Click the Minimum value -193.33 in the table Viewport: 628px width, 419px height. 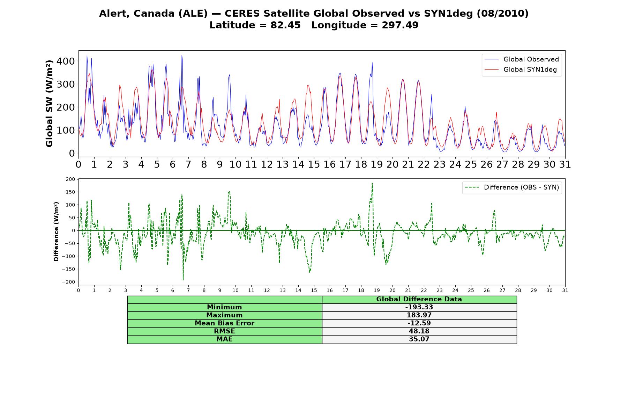(419, 307)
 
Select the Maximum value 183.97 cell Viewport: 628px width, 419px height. (419, 315)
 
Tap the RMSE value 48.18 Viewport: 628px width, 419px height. (419, 331)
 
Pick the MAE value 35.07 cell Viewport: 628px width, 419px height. (419, 339)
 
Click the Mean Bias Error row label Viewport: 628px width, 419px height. (224, 323)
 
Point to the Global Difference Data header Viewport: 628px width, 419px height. (419, 299)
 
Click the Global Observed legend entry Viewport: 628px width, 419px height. (522, 59)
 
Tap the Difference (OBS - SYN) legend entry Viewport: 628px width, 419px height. (512, 188)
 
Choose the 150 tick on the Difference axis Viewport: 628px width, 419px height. (70, 192)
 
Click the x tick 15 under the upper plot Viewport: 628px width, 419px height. (314, 164)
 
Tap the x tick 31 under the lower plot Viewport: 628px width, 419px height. (565, 290)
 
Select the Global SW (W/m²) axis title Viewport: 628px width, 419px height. (49, 103)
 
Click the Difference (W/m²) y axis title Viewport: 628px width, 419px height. (56, 231)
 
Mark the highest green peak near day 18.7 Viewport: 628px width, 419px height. (372, 183)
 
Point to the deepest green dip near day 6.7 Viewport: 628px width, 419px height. (183, 280)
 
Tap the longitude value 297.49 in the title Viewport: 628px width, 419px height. (400, 25)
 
